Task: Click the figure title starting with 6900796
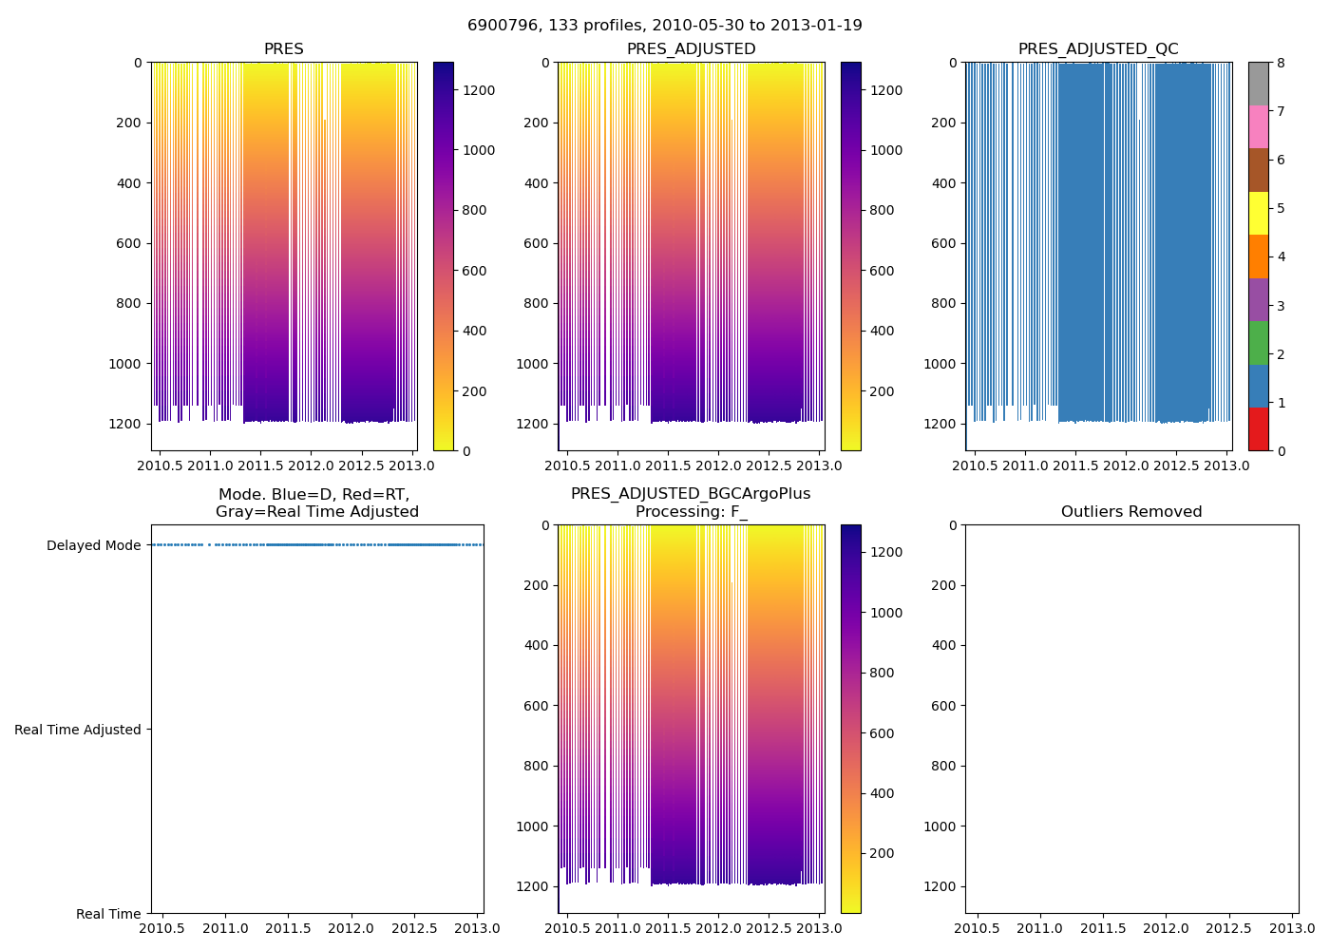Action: pyautogui.click(x=664, y=26)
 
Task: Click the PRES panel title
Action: pyautogui.click(x=283, y=49)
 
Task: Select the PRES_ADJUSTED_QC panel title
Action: pyautogui.click(x=1098, y=49)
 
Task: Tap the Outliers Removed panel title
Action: pyautogui.click(x=1131, y=512)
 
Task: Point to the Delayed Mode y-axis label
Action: pyautogui.click(x=93, y=545)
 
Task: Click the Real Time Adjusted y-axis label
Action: pyautogui.click(x=78, y=730)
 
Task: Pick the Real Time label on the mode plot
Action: pyautogui.click(x=108, y=914)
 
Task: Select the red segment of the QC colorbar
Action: pyautogui.click(x=1258, y=428)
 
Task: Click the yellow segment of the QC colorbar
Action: pyautogui.click(x=1258, y=213)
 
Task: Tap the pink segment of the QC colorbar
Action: pyautogui.click(x=1258, y=126)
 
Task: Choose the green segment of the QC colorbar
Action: pyautogui.click(x=1258, y=343)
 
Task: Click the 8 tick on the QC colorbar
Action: pyautogui.click(x=1281, y=63)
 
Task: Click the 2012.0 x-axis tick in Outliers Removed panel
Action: pyautogui.click(x=1166, y=928)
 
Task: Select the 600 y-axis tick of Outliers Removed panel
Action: pyautogui.click(x=942, y=706)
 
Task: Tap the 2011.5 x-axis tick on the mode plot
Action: pyautogui.click(x=288, y=928)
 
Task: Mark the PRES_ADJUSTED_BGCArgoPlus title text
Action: pyautogui.click(x=691, y=494)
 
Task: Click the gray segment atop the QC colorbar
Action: pyautogui.click(x=1258, y=84)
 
